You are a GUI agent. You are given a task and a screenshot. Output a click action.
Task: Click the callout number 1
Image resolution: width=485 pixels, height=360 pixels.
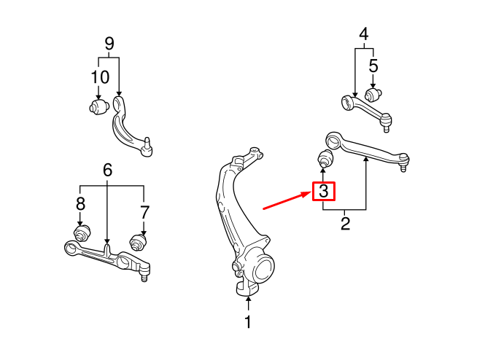click(248, 322)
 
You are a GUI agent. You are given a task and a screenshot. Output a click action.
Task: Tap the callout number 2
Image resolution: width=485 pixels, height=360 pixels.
click(345, 223)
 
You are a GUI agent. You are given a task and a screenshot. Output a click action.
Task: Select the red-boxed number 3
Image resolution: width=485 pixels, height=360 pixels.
click(324, 192)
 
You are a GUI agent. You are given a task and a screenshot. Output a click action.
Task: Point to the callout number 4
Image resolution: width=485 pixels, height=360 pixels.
click(364, 34)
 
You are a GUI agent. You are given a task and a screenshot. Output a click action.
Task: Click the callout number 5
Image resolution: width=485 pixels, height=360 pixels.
click(373, 66)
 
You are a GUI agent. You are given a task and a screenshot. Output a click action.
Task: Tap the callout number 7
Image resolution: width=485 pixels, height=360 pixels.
click(144, 212)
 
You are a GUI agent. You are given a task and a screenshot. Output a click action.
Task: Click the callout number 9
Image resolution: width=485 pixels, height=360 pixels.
click(109, 43)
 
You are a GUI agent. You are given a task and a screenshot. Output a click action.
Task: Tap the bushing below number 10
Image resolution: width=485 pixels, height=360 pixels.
click(98, 106)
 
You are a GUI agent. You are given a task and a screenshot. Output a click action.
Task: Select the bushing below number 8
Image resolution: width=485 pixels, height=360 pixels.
click(82, 233)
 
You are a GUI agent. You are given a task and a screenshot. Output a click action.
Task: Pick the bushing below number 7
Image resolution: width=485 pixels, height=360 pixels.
click(138, 241)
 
